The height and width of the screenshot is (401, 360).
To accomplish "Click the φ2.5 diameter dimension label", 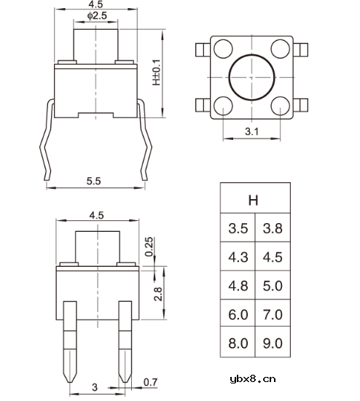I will [96, 15].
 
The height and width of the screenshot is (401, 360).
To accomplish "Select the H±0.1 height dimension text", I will [156, 72].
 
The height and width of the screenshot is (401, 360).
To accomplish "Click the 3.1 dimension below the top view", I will [251, 131].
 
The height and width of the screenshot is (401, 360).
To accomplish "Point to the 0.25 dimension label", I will [149, 248].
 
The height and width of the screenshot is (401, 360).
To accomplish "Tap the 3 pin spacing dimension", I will [95, 386].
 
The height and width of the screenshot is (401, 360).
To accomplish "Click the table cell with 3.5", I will [238, 229].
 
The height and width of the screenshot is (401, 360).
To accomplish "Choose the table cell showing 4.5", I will [272, 257].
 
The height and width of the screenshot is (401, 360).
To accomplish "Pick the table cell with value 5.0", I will [272, 286].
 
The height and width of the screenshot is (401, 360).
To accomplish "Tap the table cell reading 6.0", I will [238, 314].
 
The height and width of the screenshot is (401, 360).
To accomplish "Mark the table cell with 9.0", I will [272, 343].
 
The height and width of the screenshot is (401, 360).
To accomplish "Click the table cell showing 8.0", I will [238, 343].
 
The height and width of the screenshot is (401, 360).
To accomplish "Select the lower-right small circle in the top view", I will [279, 105].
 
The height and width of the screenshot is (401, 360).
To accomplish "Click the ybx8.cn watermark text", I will [252, 378].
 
